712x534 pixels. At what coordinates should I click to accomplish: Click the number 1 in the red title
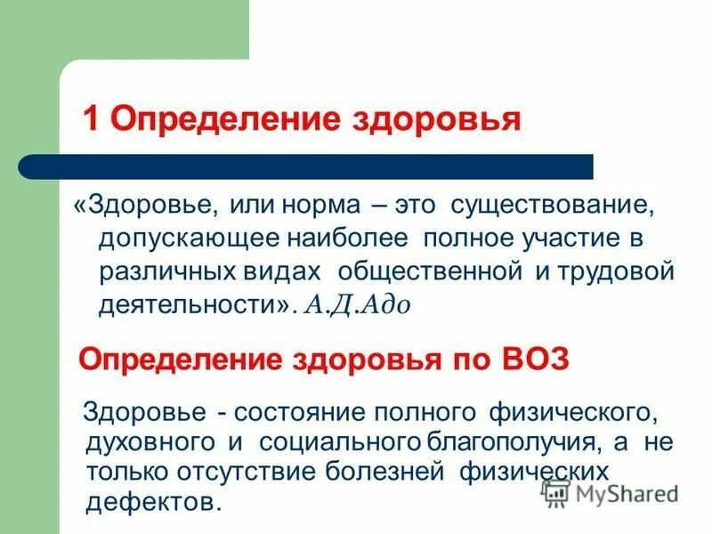[91, 118]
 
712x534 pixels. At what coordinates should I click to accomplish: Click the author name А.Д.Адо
[356, 304]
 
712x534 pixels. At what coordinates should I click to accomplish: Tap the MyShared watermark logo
[611, 492]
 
